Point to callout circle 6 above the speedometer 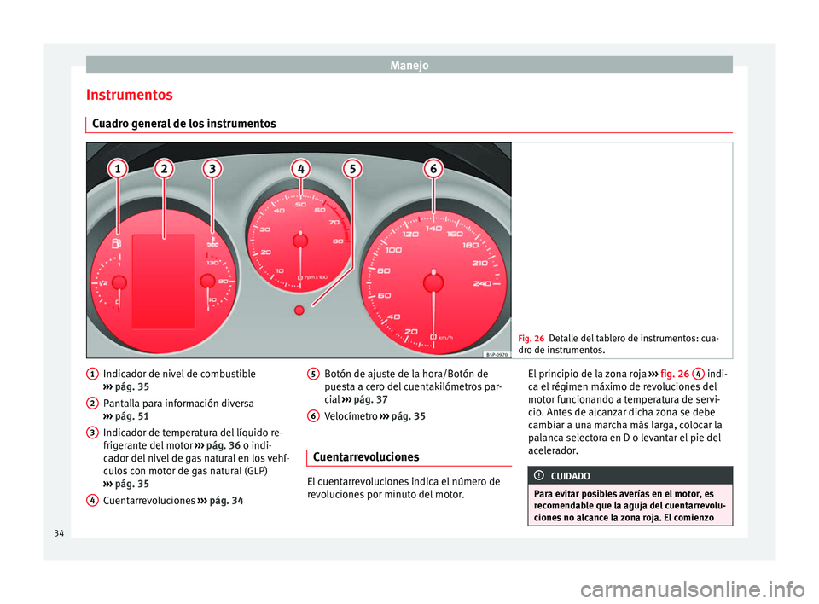pos(433,171)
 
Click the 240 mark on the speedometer pos(483,283)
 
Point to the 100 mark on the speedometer pos(393,250)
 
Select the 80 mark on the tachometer pos(337,241)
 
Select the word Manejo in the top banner pos(409,64)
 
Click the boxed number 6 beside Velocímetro pos(314,415)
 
